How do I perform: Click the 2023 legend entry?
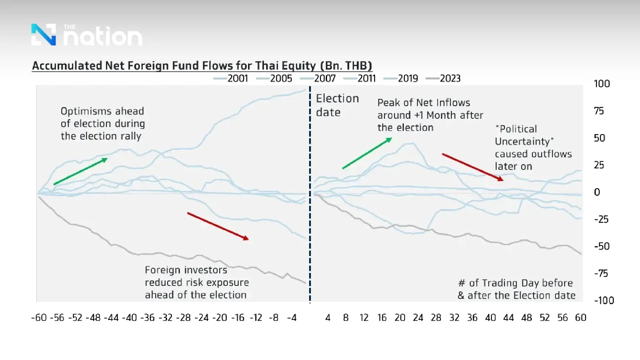[444, 78]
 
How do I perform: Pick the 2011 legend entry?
[360, 78]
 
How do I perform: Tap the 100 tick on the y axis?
[602, 84]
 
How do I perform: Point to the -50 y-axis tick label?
[602, 246]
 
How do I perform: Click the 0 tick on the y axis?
[597, 192]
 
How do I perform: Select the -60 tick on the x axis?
[39, 318]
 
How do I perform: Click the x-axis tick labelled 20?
[400, 318]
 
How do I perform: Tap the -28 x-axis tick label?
[183, 318]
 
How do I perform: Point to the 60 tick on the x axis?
[580, 318]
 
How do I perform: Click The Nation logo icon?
[44, 35]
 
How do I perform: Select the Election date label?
[337, 105]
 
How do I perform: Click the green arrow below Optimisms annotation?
[80, 171]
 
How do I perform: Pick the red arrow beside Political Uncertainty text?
[473, 167]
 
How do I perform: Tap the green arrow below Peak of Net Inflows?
[367, 153]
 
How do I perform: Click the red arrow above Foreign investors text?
[218, 226]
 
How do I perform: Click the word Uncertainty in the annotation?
[524, 141]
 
